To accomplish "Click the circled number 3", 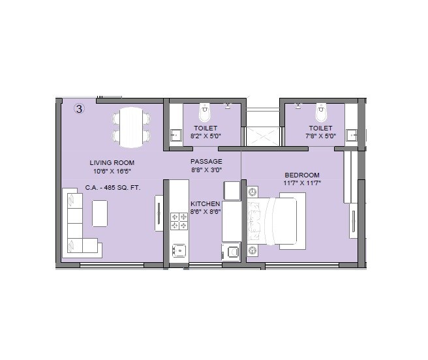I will click(79, 109).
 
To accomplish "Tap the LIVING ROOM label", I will click(112, 162).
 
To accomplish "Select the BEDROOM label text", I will click(302, 175).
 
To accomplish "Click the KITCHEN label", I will click(205, 204).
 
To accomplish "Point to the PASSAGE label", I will click(206, 161).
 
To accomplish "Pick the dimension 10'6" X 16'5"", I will click(112, 172).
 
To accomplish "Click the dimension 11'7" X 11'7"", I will click(302, 183).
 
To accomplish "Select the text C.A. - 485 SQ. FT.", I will click(112, 188).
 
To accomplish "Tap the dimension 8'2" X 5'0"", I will click(205, 136).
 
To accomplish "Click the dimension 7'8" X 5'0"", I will click(320, 136).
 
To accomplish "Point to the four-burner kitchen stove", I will click(179, 222).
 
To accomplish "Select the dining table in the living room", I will click(131, 127).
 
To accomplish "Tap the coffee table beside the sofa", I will click(100, 213).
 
